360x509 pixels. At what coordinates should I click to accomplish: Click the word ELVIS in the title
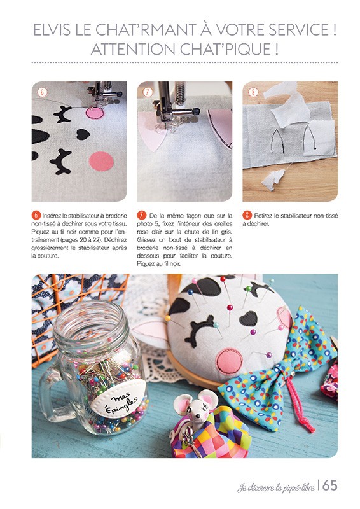52,30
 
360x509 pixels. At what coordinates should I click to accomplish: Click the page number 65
330,485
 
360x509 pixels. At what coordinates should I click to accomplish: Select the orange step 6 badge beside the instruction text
36,215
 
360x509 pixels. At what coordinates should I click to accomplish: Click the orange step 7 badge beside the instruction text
142,215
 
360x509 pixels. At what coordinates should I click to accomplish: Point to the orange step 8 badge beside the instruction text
247,215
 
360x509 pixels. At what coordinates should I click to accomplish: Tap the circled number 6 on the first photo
42,92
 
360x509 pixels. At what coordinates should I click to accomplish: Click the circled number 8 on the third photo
253,92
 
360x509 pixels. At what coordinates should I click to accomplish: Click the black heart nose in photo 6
83,134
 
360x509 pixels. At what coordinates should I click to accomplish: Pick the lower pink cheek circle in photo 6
102,162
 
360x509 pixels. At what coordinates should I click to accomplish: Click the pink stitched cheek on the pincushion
230,360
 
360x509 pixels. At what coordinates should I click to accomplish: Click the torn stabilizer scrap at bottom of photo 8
272,179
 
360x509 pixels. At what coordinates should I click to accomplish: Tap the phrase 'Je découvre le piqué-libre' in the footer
276,487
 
